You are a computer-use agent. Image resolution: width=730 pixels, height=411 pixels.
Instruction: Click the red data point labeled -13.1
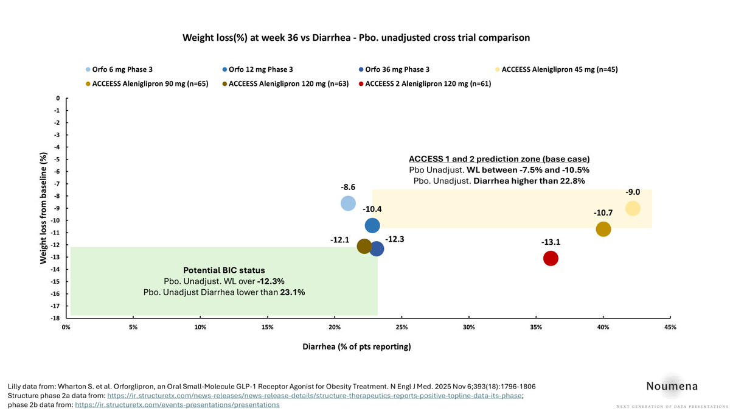click(551, 258)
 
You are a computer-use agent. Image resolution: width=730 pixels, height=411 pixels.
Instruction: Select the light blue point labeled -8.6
click(348, 203)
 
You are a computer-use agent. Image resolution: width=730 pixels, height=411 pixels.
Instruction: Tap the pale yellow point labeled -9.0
click(633, 208)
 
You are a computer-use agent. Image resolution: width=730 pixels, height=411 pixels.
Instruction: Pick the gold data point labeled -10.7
click(603, 229)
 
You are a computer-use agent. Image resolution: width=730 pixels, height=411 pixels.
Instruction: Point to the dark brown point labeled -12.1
click(364, 246)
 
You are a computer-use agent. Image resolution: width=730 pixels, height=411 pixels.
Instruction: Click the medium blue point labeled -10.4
click(372, 225)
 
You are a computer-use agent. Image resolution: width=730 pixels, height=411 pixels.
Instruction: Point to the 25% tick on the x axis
click(401, 327)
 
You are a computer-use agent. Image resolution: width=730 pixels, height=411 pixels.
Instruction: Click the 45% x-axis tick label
click(670, 327)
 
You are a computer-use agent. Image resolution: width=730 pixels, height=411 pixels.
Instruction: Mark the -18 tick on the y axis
click(57, 318)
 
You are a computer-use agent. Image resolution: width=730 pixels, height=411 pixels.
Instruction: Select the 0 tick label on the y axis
click(58, 98)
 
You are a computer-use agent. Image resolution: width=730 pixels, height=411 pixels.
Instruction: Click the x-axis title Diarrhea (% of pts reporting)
click(356, 347)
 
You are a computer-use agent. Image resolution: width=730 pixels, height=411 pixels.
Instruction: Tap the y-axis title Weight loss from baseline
click(44, 208)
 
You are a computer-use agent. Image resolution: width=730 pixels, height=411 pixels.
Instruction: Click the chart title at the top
click(356, 38)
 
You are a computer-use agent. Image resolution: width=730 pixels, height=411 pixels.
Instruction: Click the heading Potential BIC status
click(224, 270)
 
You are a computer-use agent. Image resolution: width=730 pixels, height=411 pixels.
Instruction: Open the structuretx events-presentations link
click(177, 404)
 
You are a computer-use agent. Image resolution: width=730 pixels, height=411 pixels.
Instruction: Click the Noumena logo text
click(672, 386)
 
